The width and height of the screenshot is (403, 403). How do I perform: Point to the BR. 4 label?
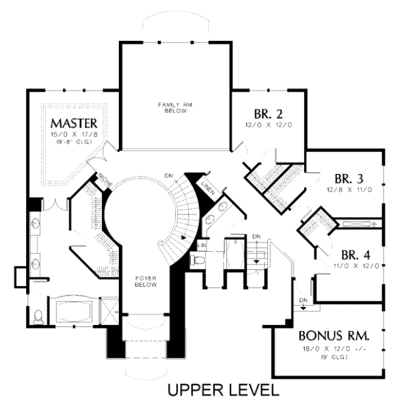pos(353,255)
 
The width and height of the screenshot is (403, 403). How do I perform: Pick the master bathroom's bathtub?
pos(75,312)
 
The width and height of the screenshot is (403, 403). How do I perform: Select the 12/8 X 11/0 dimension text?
pos(349,190)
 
